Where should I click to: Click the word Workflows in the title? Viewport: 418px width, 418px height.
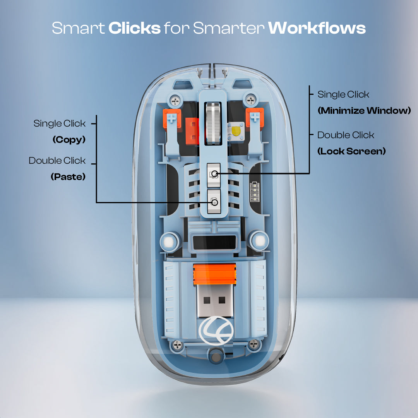(317, 28)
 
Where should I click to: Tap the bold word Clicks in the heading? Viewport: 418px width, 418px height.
(134, 28)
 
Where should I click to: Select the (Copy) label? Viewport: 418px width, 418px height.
(69, 140)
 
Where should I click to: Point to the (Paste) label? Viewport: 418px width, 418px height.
(68, 177)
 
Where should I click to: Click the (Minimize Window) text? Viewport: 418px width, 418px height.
(364, 111)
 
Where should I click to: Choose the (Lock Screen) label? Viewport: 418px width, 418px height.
(351, 151)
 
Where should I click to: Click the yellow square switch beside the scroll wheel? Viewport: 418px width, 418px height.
(236, 130)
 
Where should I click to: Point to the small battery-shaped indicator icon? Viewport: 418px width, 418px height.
(255, 192)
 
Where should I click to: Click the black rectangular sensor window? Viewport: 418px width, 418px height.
(214, 243)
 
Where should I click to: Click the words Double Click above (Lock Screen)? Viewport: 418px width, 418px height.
(346, 135)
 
